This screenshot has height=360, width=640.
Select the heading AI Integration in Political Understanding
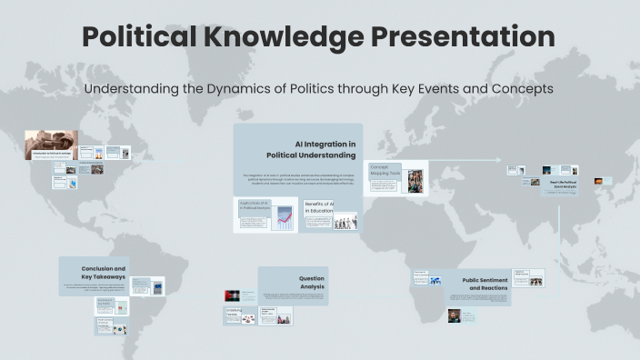(324, 149)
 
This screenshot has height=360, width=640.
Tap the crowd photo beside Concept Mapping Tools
(415, 180)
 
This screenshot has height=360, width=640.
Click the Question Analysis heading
(305, 282)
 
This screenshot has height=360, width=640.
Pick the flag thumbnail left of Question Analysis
(233, 295)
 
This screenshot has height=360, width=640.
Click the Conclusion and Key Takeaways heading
(104, 273)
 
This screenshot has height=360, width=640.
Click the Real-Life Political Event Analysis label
(565, 185)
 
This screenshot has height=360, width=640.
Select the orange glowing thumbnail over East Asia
(598, 181)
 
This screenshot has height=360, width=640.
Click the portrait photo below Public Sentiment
(454, 315)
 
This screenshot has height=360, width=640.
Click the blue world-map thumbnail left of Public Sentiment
(435, 281)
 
